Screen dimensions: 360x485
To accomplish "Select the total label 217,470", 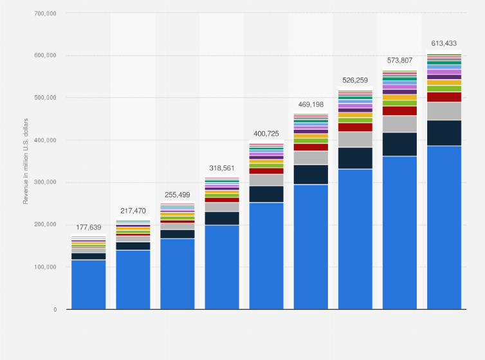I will [x=133, y=211].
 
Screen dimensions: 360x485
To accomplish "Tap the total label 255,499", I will [x=177, y=195].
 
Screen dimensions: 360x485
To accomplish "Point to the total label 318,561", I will [x=221, y=168].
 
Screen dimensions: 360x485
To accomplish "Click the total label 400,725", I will [x=266, y=133].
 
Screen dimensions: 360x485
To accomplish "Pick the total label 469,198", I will [x=311, y=104].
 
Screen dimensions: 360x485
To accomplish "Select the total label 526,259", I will [x=355, y=80].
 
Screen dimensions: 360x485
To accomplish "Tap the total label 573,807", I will [x=399, y=60].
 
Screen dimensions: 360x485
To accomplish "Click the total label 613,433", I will [x=444, y=44].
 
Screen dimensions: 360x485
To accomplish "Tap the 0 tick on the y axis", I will [x=55, y=310].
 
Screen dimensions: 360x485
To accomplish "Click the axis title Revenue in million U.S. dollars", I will [x=26, y=161].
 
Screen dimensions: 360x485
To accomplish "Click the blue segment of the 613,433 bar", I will [x=444, y=228].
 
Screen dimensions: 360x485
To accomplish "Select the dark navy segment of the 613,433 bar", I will [x=444, y=133].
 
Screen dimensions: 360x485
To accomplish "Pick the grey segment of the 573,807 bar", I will [x=399, y=124].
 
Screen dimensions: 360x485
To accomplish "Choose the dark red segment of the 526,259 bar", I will [x=355, y=127].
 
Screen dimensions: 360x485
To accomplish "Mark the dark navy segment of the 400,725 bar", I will [x=266, y=194].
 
